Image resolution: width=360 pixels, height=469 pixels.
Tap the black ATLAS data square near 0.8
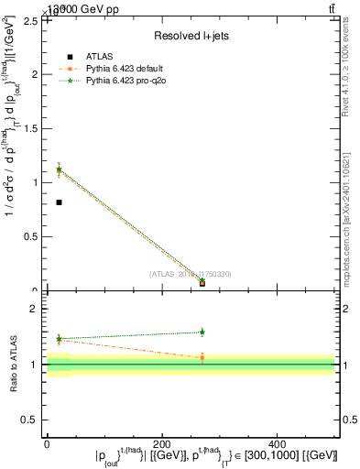(60, 202)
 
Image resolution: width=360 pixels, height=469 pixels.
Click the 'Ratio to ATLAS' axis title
(12, 364)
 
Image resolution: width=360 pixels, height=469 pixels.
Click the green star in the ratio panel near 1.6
(202, 332)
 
